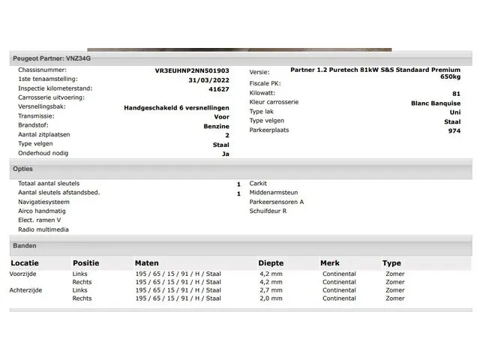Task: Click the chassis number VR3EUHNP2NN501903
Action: coord(192,70)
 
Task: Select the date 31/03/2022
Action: coord(210,79)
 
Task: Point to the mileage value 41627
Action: coord(218,88)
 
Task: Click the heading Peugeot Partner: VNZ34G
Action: coord(52,58)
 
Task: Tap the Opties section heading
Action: coord(22,169)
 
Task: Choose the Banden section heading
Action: coord(25,245)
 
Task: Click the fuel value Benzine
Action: coord(216,126)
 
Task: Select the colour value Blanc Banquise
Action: coord(436,103)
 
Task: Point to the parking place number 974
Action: coord(454,130)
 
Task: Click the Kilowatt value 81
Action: coord(456,93)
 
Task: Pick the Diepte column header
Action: coord(271,263)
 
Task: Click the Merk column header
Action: coord(330,263)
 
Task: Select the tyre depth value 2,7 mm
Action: coord(271,290)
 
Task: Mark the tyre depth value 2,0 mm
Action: coord(271,298)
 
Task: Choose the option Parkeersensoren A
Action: coord(277,202)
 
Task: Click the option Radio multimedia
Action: coord(43,229)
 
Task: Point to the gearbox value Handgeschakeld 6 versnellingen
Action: coord(176,107)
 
